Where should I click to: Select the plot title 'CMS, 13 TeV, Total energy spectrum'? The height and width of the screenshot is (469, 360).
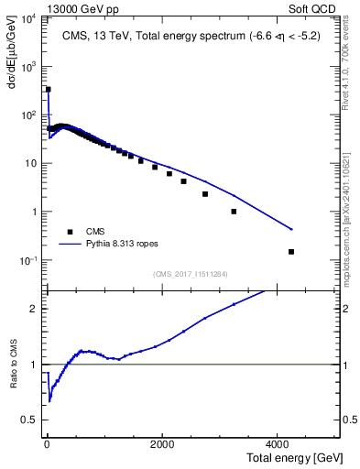coord(147,36)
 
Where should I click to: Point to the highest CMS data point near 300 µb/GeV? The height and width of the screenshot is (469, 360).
coord(48,90)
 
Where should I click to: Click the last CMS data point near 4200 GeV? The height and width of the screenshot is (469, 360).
coord(291,251)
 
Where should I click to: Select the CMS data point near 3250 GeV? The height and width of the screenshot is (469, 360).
coord(234,212)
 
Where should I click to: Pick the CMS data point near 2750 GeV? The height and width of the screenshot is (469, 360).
coord(205,194)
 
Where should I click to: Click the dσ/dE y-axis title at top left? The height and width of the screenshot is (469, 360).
coord(14,48)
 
